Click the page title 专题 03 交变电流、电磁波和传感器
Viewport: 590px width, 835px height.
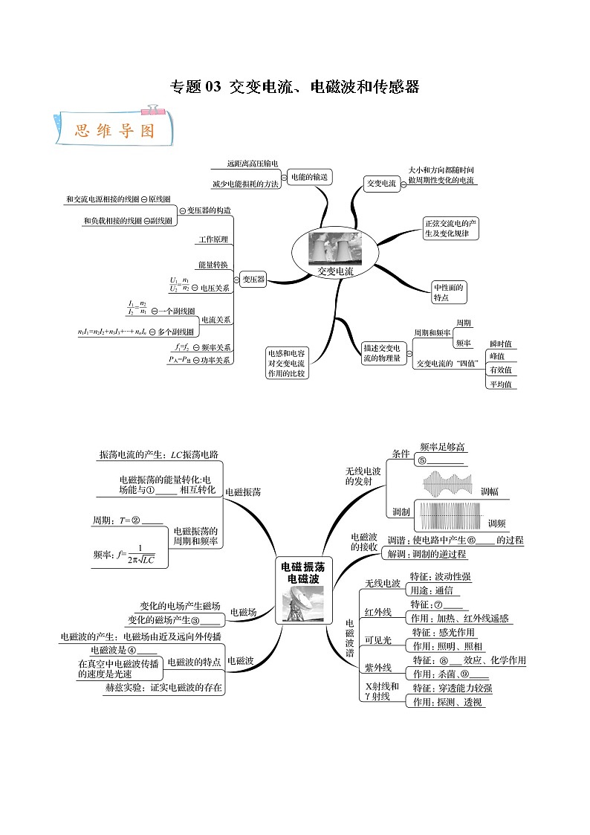coord(295,87)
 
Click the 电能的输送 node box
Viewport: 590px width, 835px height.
coord(309,177)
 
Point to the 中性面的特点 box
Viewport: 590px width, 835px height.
coord(450,292)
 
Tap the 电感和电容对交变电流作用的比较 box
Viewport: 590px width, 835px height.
coord(286,362)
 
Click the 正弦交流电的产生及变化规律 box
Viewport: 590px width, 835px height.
coord(450,228)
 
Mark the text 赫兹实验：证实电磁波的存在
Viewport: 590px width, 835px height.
coord(163,688)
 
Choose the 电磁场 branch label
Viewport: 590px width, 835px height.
coord(243,612)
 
